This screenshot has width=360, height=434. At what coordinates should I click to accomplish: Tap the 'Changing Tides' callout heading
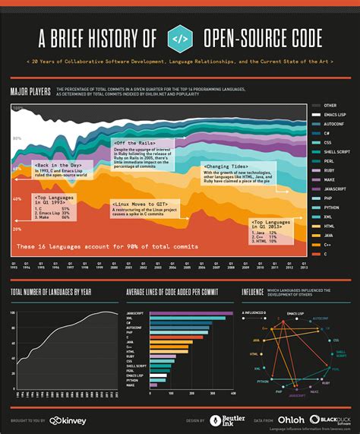[x=223, y=166]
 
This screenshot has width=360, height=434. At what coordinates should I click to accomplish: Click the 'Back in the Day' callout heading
[x=57, y=165]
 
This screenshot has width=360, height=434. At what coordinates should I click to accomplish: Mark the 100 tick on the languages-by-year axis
[x=14, y=312]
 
